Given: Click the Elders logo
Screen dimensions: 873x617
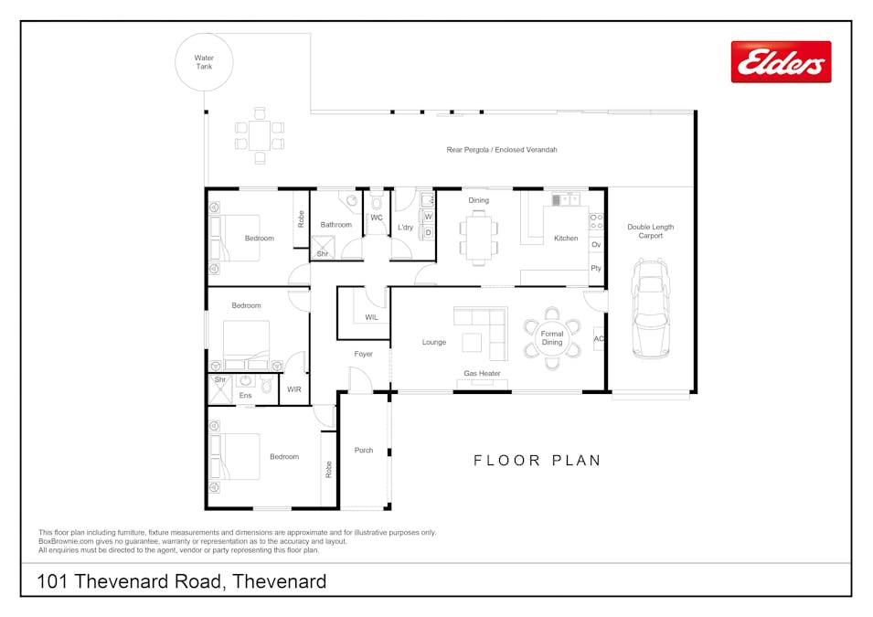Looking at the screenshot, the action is (782, 62).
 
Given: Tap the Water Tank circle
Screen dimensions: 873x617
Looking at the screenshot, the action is (204, 34).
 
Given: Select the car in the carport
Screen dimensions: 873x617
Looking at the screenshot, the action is (651, 307).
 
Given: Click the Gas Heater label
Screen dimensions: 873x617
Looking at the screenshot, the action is (482, 373).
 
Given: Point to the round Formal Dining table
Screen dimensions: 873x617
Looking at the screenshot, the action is (552, 338).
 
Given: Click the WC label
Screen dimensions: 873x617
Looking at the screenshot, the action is (377, 218).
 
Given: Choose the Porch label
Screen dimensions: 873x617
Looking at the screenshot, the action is (364, 450).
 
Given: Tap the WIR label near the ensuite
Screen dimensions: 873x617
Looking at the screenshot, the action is (294, 389).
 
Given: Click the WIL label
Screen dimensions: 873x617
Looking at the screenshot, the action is (371, 317).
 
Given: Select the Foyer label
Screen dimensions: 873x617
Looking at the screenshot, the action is (363, 354).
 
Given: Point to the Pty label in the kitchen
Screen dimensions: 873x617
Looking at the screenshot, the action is (596, 268).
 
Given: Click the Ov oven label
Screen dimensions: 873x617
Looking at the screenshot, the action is (596, 244).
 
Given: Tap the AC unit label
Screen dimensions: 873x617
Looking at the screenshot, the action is (599, 338).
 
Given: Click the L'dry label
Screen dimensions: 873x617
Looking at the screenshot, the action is (405, 228).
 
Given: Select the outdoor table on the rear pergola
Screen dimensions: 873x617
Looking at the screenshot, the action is (260, 135).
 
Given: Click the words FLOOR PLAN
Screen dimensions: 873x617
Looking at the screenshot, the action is (538, 461).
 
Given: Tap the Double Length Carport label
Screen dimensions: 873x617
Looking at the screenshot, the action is (650, 231).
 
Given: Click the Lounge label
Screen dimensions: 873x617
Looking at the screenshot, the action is (433, 342).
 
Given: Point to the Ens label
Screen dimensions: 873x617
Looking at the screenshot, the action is (246, 396).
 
